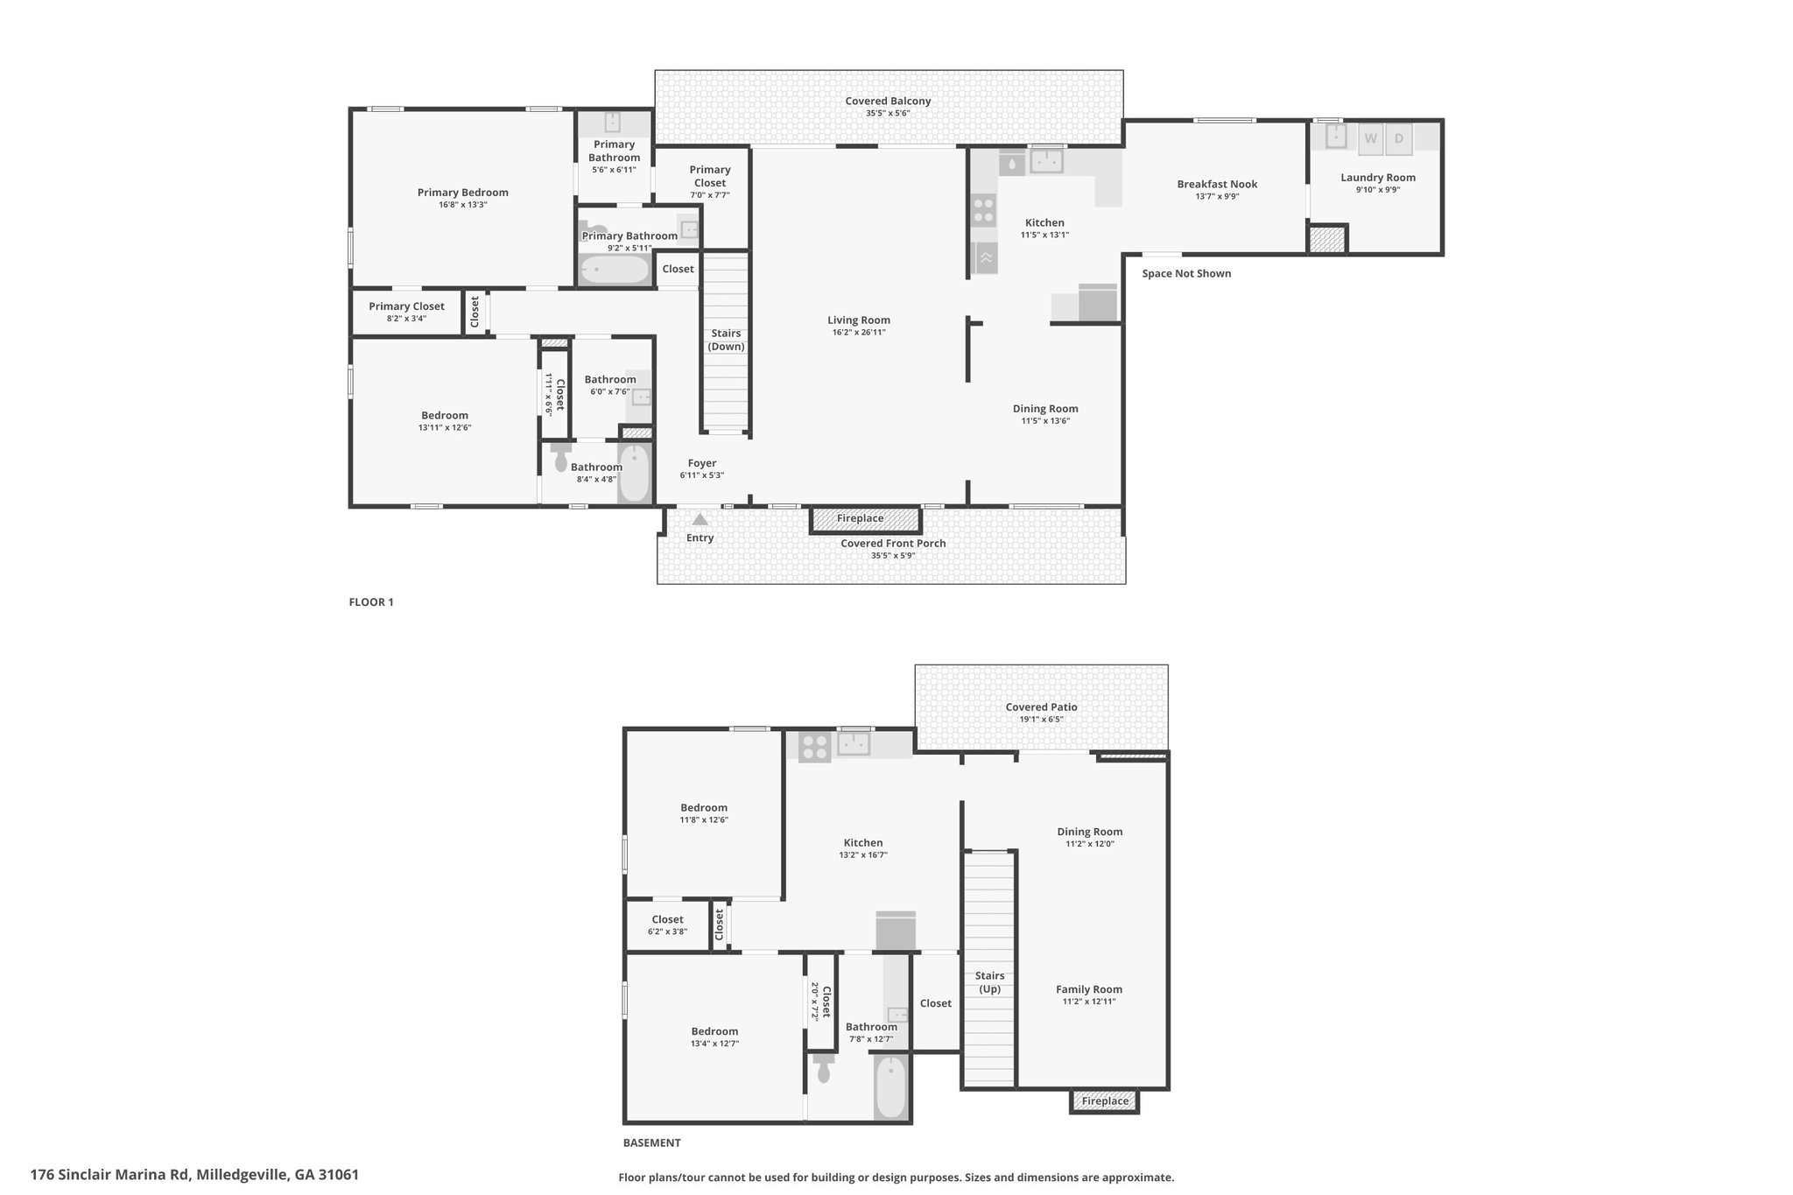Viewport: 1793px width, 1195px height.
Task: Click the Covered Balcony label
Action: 888,102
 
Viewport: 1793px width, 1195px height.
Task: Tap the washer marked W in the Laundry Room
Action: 1370,138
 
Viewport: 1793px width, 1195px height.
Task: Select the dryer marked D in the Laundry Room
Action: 1399,138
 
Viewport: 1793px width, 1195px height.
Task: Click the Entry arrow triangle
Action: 700,520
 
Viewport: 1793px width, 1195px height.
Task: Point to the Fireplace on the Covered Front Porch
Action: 866,519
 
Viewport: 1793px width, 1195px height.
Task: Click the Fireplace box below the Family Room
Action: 1104,1100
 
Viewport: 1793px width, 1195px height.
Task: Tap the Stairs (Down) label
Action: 726,340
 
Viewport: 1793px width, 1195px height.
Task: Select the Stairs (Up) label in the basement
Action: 990,982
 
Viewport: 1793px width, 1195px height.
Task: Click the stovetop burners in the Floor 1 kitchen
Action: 984,210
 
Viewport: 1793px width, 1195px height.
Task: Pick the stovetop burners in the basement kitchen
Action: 814,747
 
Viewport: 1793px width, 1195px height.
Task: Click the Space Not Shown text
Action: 1186,274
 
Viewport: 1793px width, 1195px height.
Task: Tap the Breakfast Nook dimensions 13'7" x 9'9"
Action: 1217,196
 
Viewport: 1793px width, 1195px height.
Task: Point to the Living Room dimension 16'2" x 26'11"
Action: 859,333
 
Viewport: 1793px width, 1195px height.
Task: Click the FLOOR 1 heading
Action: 371,602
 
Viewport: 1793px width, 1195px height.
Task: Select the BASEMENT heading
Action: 651,1142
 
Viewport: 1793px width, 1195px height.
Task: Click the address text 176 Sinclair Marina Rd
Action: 110,1175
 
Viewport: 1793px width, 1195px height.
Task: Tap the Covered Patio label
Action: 1041,707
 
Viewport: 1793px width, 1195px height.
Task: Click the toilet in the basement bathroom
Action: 823,1068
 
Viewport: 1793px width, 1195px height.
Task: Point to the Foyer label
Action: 702,463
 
